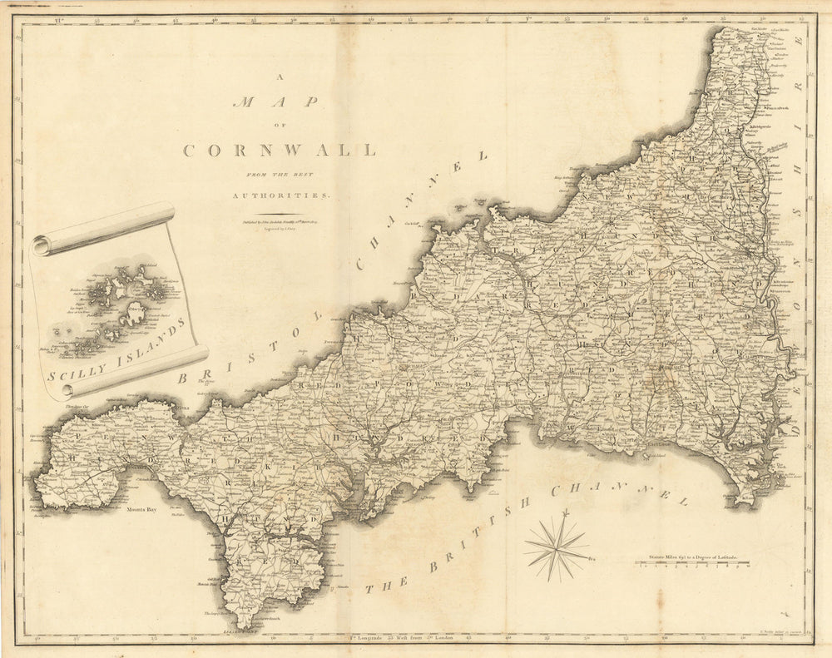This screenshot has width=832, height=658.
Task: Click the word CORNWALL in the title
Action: pos(279,151)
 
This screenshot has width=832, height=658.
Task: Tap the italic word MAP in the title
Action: pos(276,102)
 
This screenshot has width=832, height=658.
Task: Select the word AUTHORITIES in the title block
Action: pos(280,194)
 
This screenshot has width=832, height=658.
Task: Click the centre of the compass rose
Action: pos(557,547)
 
